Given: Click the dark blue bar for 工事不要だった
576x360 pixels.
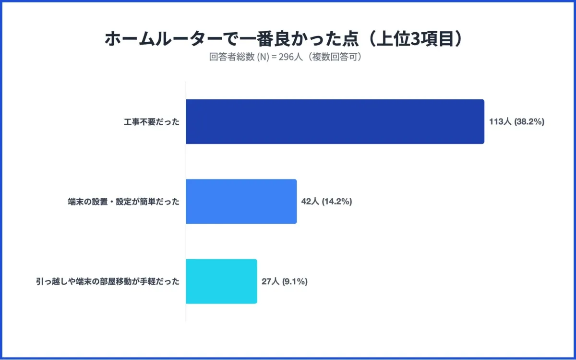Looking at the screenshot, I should click(335, 121).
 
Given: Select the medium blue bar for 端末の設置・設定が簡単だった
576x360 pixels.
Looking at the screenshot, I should click(241, 202).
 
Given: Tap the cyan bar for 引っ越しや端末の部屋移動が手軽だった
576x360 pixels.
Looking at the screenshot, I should click(221, 281).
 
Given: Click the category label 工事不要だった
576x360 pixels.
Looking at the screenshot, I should click(151, 122).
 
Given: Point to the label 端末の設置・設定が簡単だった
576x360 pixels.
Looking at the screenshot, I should click(124, 202).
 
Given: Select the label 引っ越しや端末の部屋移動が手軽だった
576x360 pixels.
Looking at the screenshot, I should click(108, 282).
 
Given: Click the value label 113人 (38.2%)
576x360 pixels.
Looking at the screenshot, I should click(516, 122).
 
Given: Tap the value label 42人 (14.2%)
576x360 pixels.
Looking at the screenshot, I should click(327, 202).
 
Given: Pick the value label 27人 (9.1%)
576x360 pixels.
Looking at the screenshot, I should click(285, 282).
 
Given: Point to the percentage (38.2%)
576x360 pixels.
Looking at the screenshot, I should click(529, 122).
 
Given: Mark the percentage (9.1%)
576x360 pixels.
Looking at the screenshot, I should click(295, 282).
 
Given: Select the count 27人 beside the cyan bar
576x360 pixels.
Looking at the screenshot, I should click(270, 282).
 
